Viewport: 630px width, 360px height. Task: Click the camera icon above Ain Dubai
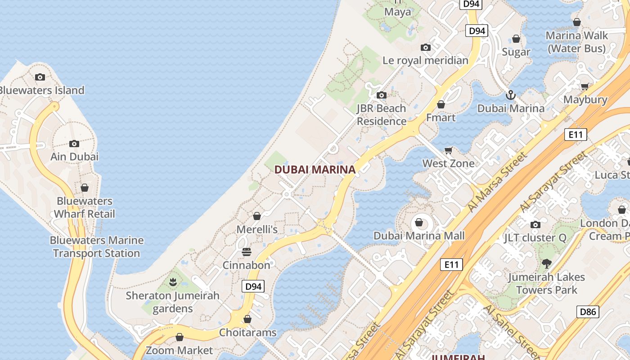click(74, 144)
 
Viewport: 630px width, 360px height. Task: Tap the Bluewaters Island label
click(41, 90)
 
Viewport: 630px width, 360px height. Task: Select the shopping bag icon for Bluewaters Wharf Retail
click(85, 188)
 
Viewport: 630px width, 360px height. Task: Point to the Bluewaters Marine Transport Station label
click(97, 247)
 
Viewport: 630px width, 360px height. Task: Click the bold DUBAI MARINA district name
click(315, 170)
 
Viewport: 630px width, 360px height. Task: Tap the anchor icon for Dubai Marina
click(510, 95)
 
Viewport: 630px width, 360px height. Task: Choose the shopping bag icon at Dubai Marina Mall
click(419, 223)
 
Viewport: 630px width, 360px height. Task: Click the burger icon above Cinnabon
click(247, 252)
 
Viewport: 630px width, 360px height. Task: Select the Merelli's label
click(257, 229)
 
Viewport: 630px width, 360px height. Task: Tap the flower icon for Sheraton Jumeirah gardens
click(172, 283)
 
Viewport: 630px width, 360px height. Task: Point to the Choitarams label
click(247, 333)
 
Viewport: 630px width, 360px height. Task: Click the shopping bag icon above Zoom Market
click(180, 337)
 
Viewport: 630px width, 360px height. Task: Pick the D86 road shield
click(588, 311)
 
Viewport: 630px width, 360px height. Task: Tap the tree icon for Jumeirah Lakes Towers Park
click(547, 264)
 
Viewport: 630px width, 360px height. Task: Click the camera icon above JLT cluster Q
click(535, 225)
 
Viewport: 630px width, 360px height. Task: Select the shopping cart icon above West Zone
click(448, 150)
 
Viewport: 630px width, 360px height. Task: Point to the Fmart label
click(441, 118)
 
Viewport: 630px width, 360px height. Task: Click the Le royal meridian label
click(425, 60)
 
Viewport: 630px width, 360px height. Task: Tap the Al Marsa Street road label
click(497, 182)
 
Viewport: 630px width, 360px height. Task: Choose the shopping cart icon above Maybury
click(585, 86)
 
